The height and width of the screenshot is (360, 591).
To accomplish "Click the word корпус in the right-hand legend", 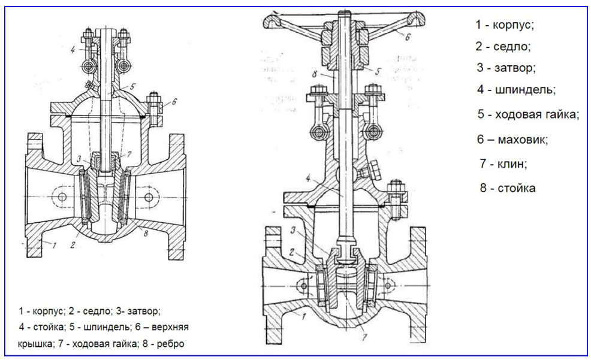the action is coord(513,25).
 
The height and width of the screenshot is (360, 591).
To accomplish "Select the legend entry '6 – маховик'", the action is coord(512,140).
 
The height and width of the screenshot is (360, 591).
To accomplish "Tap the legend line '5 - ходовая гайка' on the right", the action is coord(528,114).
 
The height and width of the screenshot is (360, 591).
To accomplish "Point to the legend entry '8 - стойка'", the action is coord(507,187).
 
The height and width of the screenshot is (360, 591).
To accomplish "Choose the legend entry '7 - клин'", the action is coord(503,164).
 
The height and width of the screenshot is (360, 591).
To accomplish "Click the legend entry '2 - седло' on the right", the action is coord(503,46).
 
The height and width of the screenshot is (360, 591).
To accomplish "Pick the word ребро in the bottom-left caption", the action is coord(170,343).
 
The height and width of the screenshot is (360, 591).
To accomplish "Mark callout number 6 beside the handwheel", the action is coord(408,37).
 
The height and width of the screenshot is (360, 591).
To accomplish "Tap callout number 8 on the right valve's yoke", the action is coord(315,74).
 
